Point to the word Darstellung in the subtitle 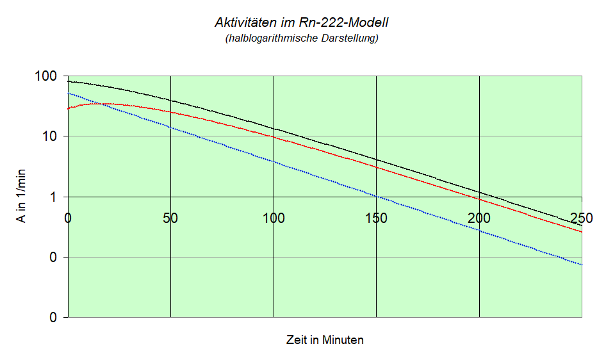point(348,38)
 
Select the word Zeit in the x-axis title point(297,340)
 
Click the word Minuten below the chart point(343,340)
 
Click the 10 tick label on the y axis point(51,136)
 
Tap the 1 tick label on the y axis point(55,197)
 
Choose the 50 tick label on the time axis point(170,217)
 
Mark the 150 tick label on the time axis point(376,217)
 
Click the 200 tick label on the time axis point(479,217)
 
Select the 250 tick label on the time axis point(581,217)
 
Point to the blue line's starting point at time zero point(69,93)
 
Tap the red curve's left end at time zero point(69,109)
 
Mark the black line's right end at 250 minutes point(582,225)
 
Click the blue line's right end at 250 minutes point(582,265)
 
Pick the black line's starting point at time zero point(69,81)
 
